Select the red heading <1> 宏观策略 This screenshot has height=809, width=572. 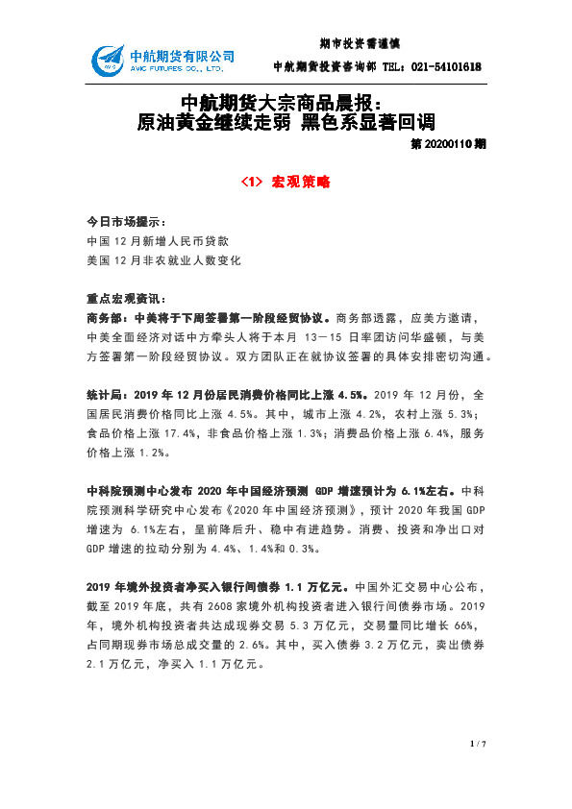point(286,181)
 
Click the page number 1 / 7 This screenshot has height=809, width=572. point(478,744)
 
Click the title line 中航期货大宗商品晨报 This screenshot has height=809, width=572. point(286,102)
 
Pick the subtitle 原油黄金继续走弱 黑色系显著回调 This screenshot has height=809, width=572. point(286,122)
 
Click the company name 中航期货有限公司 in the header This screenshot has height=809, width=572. point(182,55)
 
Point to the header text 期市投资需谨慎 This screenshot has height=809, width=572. point(359,43)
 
